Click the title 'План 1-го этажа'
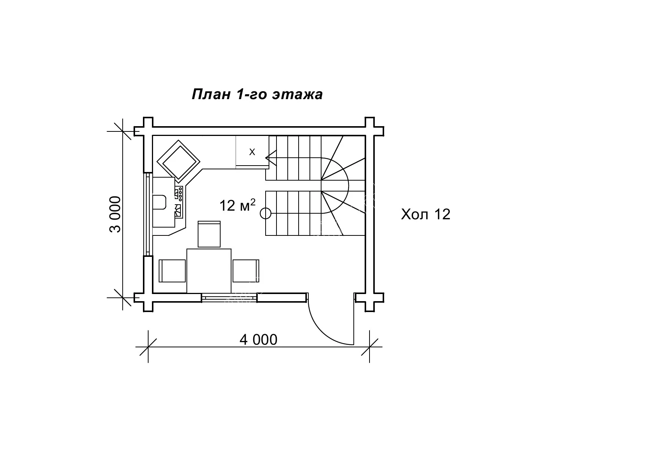tap(257, 94)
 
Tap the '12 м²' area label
tap(237, 205)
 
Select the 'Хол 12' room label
tap(425, 214)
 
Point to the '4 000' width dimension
tap(258, 339)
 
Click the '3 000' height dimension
tap(116, 214)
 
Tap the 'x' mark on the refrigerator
tap(252, 152)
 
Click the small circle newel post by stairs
tap(266, 213)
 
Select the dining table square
tap(209, 271)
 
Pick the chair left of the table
tap(173, 271)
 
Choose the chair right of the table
tap(246, 271)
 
